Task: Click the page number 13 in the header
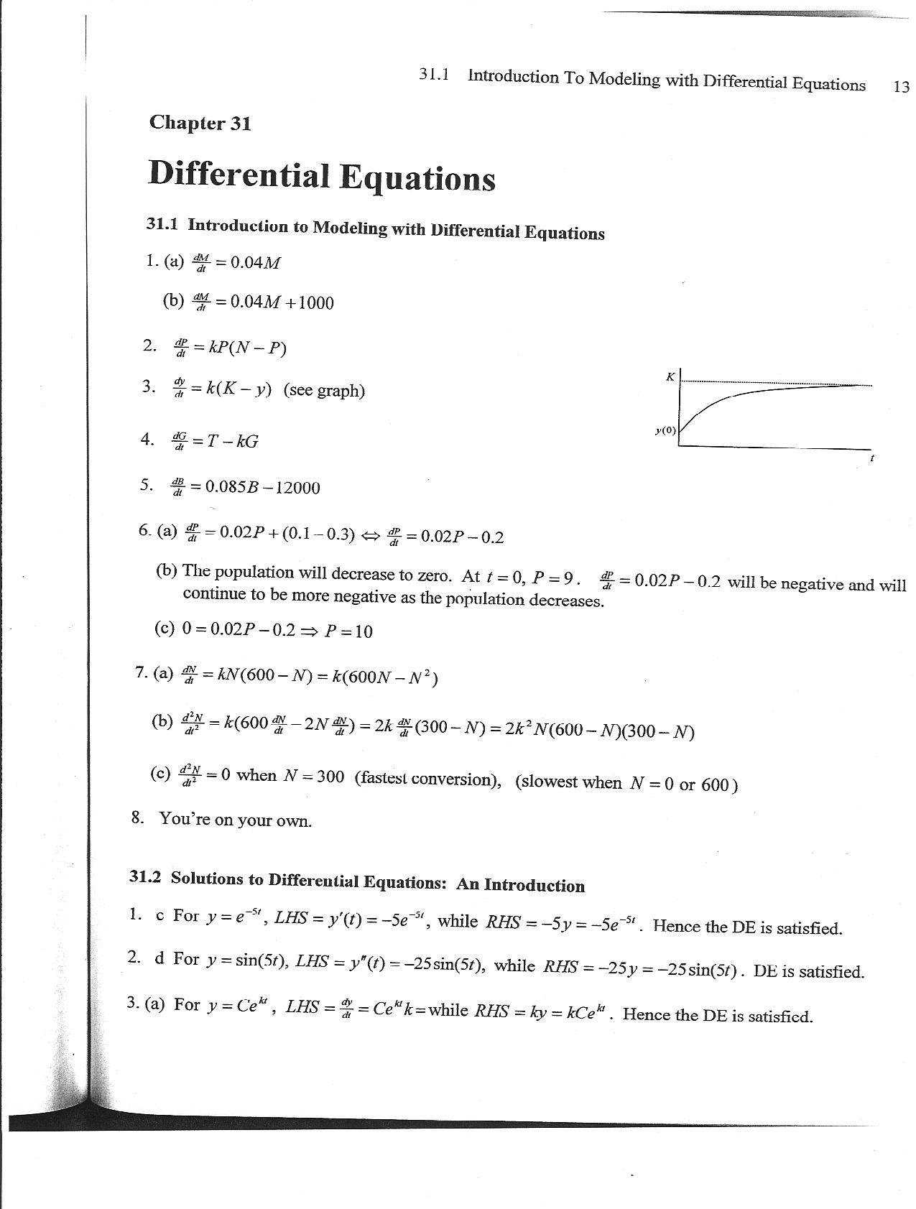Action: tap(901, 87)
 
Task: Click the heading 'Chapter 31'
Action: tap(200, 123)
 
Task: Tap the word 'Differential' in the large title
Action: tap(238, 175)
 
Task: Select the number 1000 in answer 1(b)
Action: tap(315, 303)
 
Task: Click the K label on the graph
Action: tap(670, 376)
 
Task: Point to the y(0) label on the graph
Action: tap(665, 430)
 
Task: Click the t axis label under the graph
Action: tap(871, 458)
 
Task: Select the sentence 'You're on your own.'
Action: tap(235, 820)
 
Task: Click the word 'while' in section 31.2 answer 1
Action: tap(457, 920)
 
